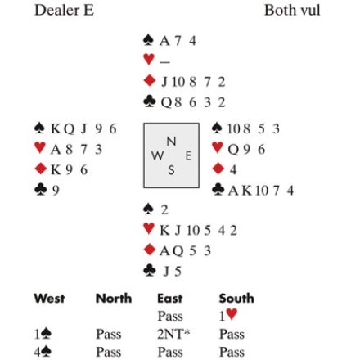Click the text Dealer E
click(64, 11)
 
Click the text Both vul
click(292, 11)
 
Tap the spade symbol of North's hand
click(148, 40)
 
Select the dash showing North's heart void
click(164, 62)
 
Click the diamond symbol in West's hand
click(41, 169)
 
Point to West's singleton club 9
click(56, 190)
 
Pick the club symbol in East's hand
click(218, 190)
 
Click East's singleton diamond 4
click(232, 169)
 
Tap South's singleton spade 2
click(164, 210)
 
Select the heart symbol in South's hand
click(149, 228)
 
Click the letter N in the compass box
click(171, 142)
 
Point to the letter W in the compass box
click(157, 155)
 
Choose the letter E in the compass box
click(188, 156)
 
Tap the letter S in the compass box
click(171, 170)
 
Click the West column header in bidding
click(49, 298)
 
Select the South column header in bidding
click(236, 298)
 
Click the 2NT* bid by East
click(173, 334)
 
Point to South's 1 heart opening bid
click(228, 315)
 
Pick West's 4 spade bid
click(43, 352)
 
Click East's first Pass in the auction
click(170, 316)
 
